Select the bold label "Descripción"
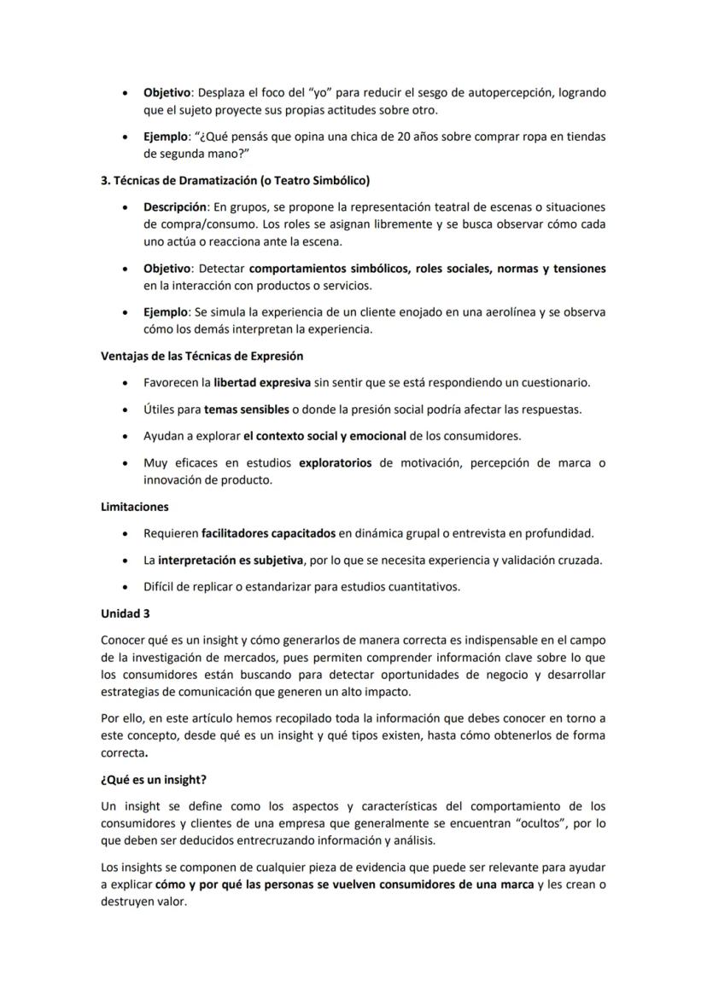click(174, 206)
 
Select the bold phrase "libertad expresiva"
click(262, 382)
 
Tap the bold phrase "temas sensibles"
click(246, 409)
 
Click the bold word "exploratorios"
click(336, 462)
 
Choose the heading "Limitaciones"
click(134, 507)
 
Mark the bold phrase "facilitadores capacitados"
click(268, 533)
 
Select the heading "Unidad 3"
click(125, 613)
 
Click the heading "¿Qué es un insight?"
click(154, 780)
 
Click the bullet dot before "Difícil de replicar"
click(126, 587)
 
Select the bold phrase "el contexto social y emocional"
click(324, 436)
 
